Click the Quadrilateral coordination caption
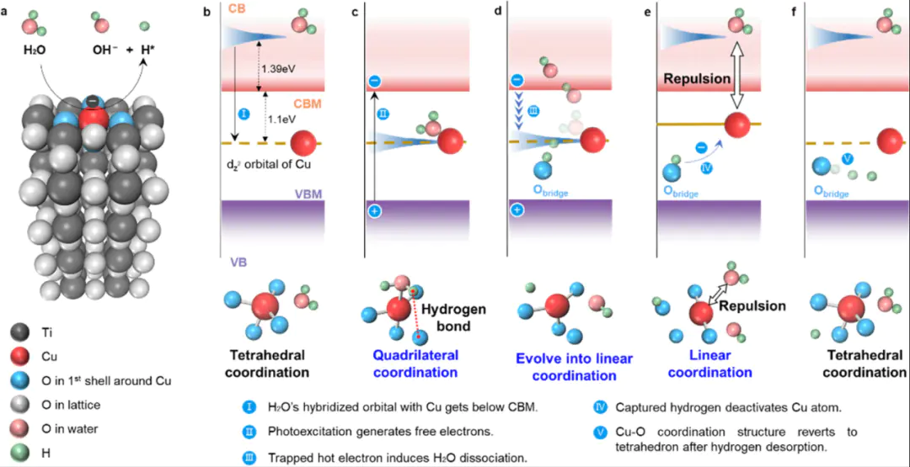[x=415, y=364]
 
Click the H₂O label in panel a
[x=35, y=49]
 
